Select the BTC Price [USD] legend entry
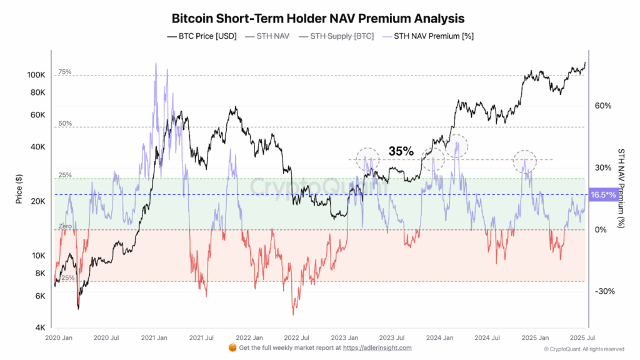click(202, 36)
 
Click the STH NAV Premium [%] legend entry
click(427, 36)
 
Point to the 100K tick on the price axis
click(36, 75)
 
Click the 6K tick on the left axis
click(39, 296)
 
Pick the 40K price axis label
click(37, 147)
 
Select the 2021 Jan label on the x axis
click(153, 337)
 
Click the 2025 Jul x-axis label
click(582, 337)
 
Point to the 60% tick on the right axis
click(602, 106)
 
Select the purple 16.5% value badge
click(603, 195)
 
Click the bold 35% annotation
click(401, 151)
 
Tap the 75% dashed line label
click(65, 72)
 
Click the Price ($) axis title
click(19, 189)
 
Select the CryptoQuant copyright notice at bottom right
click(583, 349)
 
